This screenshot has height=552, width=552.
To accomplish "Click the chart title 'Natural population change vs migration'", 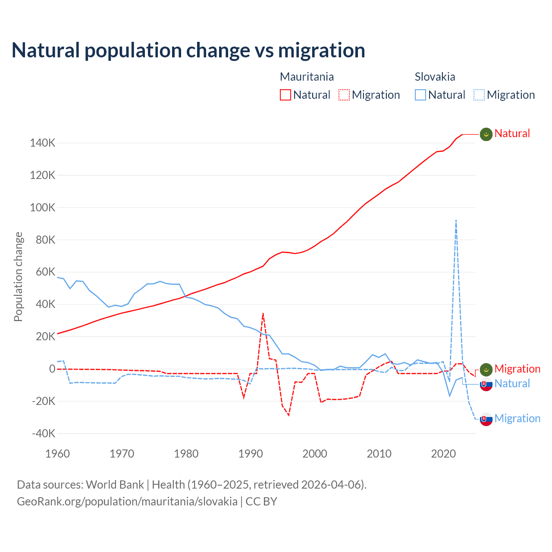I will coord(188,50).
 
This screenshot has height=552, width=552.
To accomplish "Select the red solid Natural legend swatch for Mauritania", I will coord(285,95).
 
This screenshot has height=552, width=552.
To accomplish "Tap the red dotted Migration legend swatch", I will coord(344,95).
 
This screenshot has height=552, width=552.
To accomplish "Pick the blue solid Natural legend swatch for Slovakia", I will coord(420,95).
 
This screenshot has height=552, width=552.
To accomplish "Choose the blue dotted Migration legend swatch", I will coord(479,95).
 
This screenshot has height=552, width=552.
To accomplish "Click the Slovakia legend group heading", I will coord(435,77).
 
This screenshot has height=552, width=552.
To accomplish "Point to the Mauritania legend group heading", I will coord(307,77).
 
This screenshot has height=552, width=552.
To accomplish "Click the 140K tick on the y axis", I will coord(43,143).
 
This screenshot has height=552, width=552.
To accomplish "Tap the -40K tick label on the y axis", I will coord(44,433).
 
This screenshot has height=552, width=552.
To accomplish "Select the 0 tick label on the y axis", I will coord(52,369).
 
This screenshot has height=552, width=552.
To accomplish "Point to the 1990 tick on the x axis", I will coord(251,454).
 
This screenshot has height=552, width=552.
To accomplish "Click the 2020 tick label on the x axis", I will coord(443,454).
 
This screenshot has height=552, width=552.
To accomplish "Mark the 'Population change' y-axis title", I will coord(18,276).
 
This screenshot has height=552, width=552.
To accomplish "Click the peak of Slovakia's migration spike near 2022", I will coord(456,220).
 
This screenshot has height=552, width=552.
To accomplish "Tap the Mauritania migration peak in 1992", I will coord(263,314).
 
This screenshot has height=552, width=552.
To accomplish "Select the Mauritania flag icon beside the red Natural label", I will coord(486,134).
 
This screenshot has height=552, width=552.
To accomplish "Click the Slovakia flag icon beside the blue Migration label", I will coord(486,419).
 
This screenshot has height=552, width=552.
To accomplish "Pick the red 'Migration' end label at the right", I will coord(517,369).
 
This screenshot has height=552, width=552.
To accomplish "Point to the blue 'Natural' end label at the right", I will coord(512,383).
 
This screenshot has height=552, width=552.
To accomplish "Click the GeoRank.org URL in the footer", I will coord(127,502).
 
